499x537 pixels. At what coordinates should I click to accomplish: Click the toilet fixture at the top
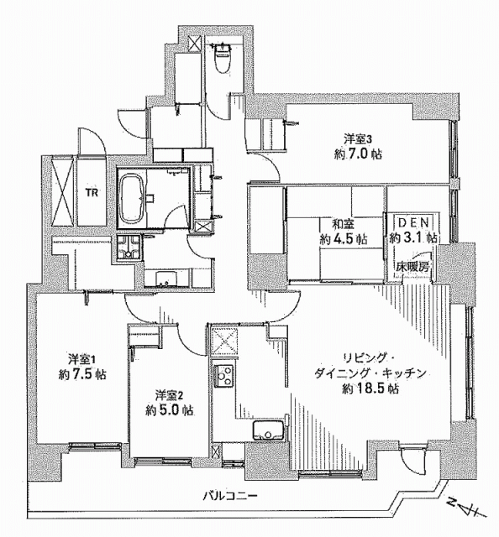(x=222, y=58)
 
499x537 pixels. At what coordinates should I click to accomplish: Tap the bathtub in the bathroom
(x=132, y=198)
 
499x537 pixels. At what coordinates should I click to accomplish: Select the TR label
(x=92, y=193)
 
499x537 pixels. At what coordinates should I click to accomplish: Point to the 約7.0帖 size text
(x=358, y=154)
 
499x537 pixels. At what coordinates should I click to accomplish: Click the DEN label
(x=413, y=223)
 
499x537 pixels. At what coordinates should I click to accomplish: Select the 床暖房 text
(x=412, y=266)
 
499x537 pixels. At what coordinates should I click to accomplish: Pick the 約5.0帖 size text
(x=169, y=410)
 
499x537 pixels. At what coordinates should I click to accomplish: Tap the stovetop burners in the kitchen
(x=223, y=376)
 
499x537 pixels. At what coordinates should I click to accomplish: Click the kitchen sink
(x=268, y=430)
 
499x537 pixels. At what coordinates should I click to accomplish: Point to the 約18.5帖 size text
(x=370, y=389)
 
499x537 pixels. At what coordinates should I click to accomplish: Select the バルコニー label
(x=229, y=495)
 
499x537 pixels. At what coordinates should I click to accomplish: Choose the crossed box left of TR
(x=62, y=190)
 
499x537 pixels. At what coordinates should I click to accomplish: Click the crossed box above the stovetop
(x=224, y=341)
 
